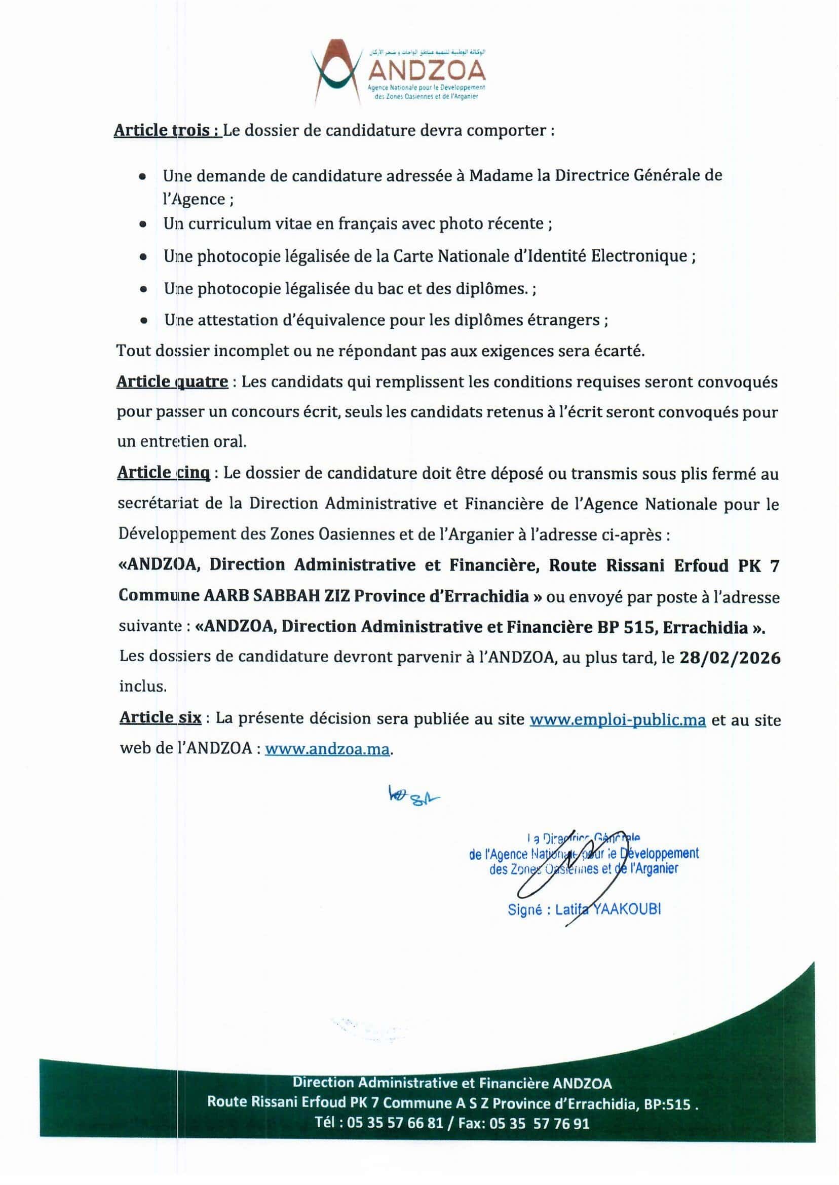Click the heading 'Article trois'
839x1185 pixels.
[167, 130]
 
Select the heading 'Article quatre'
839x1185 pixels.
[172, 381]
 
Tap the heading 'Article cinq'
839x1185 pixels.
[164, 473]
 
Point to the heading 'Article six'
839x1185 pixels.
[160, 718]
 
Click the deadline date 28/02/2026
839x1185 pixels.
[730, 658]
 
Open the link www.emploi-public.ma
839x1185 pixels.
[618, 719]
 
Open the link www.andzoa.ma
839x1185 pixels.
[327, 749]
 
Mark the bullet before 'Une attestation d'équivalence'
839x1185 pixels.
[144, 321]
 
